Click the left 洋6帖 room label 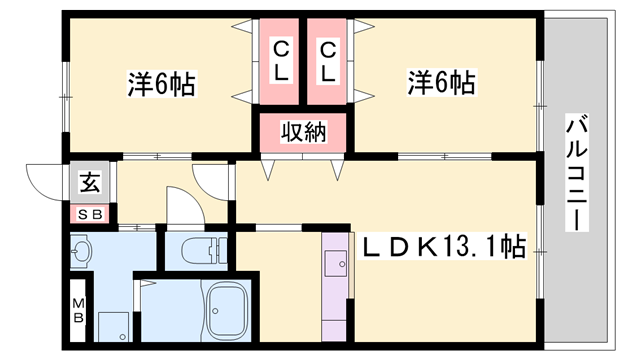point(160,84)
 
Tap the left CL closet point(281,60)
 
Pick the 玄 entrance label point(90,183)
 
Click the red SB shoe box point(90,213)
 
